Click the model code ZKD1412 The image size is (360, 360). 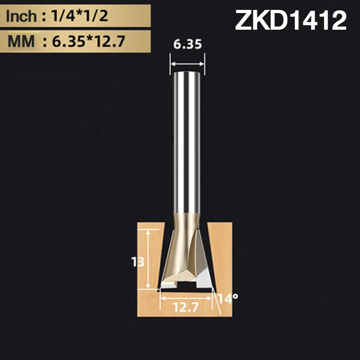click(x=291, y=21)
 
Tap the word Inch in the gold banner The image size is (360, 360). click(x=21, y=17)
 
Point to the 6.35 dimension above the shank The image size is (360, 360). click(x=187, y=45)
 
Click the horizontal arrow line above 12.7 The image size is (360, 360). click(x=186, y=297)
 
